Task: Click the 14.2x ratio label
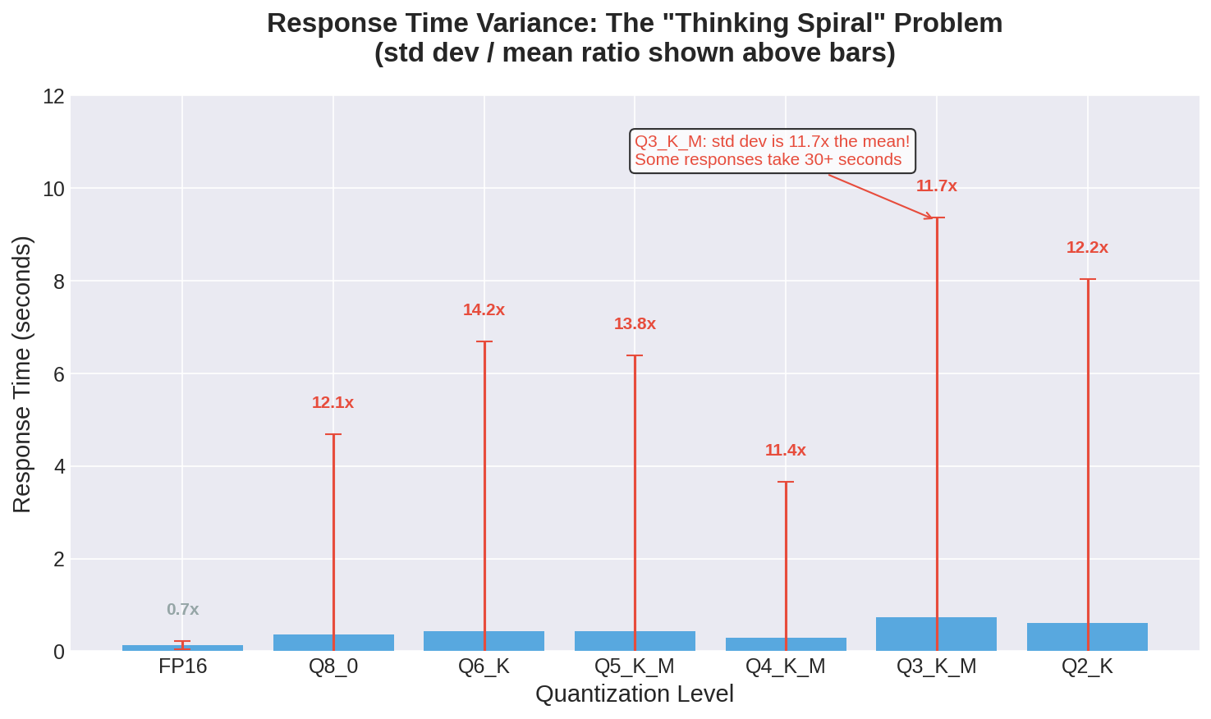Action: pos(484,310)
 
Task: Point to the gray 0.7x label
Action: pos(182,610)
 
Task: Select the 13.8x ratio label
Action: pos(635,324)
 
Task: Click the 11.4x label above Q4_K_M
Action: pos(786,451)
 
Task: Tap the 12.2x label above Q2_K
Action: pos(1087,248)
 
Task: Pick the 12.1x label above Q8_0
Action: pos(333,403)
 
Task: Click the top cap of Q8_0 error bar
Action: pos(333,434)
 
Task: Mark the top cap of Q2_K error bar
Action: pos(1088,280)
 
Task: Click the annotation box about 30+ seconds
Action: pos(772,151)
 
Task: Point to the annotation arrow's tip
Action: pos(933,218)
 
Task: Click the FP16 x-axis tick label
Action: pos(182,666)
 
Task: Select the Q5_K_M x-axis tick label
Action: pos(635,666)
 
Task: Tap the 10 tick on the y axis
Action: pos(53,190)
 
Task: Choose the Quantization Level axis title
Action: pos(635,694)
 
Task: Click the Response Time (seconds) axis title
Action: pos(22,374)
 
